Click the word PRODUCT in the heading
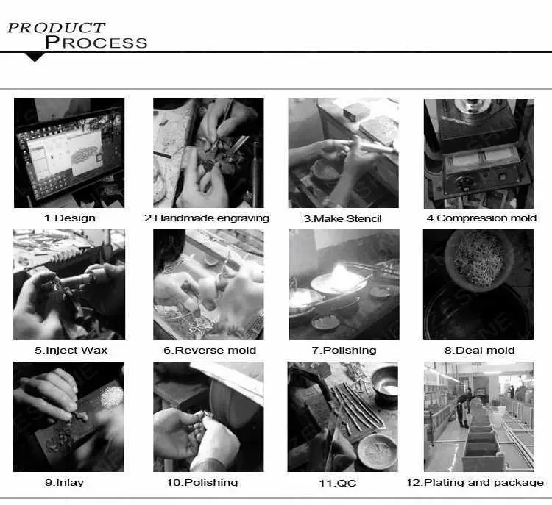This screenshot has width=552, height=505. [x=56, y=27]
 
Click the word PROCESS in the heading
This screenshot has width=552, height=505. [x=96, y=42]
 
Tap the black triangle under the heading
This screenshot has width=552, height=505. [x=35, y=57]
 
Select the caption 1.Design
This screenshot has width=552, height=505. [x=70, y=218]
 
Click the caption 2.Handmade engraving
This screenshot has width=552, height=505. [x=207, y=218]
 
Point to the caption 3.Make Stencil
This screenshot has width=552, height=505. [x=343, y=218]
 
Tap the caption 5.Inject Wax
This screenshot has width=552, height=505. [x=71, y=350]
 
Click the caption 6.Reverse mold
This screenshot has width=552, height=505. [x=210, y=350]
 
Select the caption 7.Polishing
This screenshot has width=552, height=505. [x=344, y=350]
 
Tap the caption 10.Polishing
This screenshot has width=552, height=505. [x=202, y=482]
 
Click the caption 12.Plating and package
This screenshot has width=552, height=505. [x=475, y=482]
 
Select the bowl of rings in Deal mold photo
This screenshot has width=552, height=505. [x=478, y=257]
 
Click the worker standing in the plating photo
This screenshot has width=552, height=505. [x=461, y=408]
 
